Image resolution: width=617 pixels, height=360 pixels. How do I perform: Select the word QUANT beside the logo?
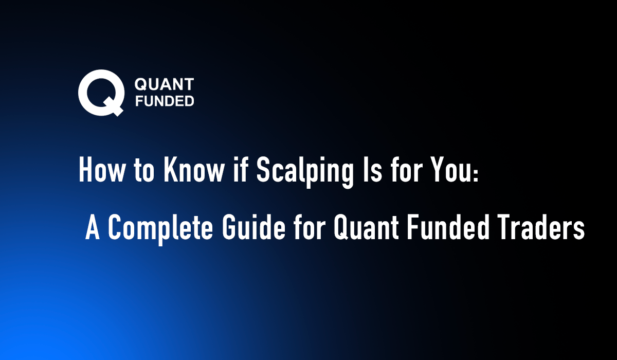tap(164, 84)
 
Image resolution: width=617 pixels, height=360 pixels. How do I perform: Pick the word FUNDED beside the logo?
tap(164, 101)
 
